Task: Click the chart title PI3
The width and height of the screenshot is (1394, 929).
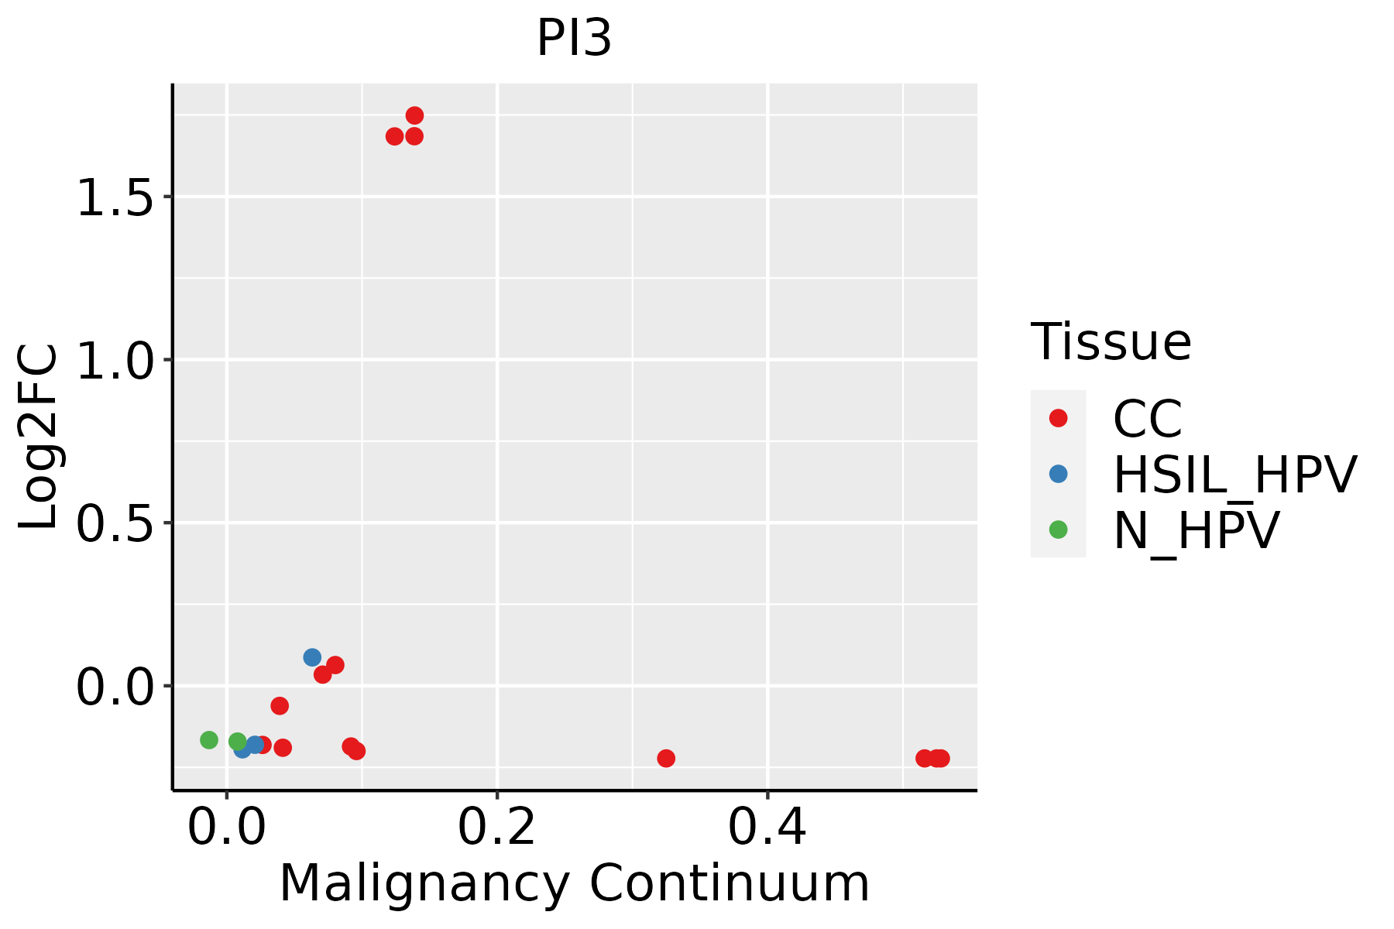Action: click(574, 39)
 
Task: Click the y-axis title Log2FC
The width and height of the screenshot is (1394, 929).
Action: click(39, 437)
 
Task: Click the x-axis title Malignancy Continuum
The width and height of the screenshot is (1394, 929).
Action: click(574, 883)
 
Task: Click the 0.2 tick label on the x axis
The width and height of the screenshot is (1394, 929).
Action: click(496, 828)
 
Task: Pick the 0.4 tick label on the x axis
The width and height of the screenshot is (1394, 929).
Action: click(767, 828)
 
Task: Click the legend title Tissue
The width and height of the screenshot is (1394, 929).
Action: click(1111, 341)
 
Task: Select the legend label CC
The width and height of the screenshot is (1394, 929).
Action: click(1147, 419)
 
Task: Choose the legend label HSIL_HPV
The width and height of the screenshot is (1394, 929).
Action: click(1234, 475)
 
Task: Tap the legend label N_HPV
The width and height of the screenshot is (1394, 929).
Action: click(1196, 530)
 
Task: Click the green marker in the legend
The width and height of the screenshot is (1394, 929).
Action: click(1058, 530)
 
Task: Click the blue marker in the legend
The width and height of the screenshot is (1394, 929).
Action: click(1058, 474)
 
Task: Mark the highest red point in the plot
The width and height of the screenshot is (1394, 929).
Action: click(414, 115)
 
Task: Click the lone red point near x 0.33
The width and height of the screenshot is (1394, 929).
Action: click(666, 758)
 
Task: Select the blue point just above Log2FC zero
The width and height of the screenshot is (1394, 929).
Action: click(312, 657)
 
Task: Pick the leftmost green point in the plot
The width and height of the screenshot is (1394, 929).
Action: click(209, 740)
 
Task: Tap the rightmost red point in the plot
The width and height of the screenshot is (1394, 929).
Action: click(941, 758)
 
